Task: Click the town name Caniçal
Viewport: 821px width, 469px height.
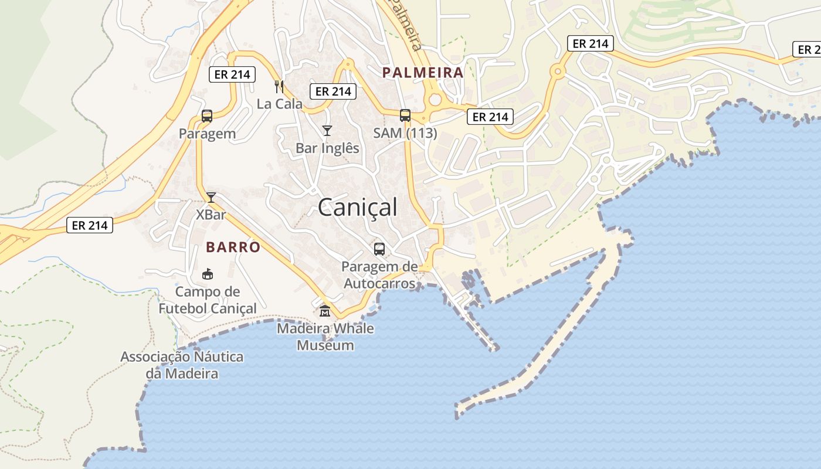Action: pyautogui.click(x=358, y=208)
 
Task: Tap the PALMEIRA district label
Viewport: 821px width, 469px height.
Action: pyautogui.click(x=423, y=73)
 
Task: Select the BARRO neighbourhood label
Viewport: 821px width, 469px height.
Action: pyautogui.click(x=233, y=247)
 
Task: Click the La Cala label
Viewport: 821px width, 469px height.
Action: pyautogui.click(x=280, y=104)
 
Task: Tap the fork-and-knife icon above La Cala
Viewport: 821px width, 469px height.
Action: pyautogui.click(x=279, y=87)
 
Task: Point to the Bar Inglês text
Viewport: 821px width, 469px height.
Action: pyautogui.click(x=327, y=148)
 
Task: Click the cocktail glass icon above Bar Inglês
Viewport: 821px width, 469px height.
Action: pyautogui.click(x=327, y=131)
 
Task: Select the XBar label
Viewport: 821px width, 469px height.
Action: pyautogui.click(x=211, y=215)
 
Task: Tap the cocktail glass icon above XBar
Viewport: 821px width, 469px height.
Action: pyautogui.click(x=211, y=197)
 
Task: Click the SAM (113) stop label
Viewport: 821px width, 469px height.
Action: pyautogui.click(x=405, y=133)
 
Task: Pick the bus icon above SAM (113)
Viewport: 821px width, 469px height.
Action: pyautogui.click(x=405, y=115)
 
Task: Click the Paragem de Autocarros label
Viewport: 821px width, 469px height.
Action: pyautogui.click(x=379, y=275)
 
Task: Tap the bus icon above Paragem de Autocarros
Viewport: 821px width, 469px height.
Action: pyautogui.click(x=379, y=249)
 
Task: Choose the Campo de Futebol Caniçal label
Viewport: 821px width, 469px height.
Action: pyautogui.click(x=208, y=300)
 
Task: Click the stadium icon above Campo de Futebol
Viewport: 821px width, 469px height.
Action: pyautogui.click(x=208, y=274)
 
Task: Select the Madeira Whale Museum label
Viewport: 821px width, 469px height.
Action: pyautogui.click(x=325, y=337)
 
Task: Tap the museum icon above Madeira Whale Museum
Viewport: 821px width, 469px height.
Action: pyautogui.click(x=325, y=311)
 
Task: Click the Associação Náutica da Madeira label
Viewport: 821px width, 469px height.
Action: pyautogui.click(x=182, y=365)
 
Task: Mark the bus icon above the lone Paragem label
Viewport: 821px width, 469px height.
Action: pyautogui.click(x=207, y=116)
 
